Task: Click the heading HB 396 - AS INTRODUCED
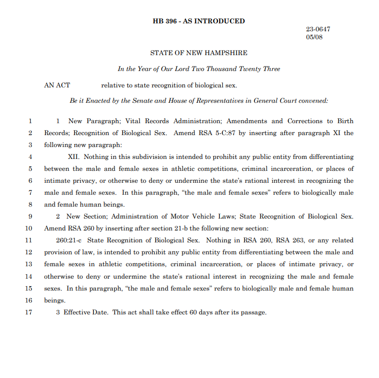198,21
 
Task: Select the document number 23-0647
317,29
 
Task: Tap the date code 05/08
314,37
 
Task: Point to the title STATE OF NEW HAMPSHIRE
198,53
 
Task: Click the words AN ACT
57,85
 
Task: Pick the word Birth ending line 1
345,121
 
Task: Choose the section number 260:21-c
69,240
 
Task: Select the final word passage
254,312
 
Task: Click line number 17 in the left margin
28,312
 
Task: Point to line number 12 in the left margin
28,252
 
